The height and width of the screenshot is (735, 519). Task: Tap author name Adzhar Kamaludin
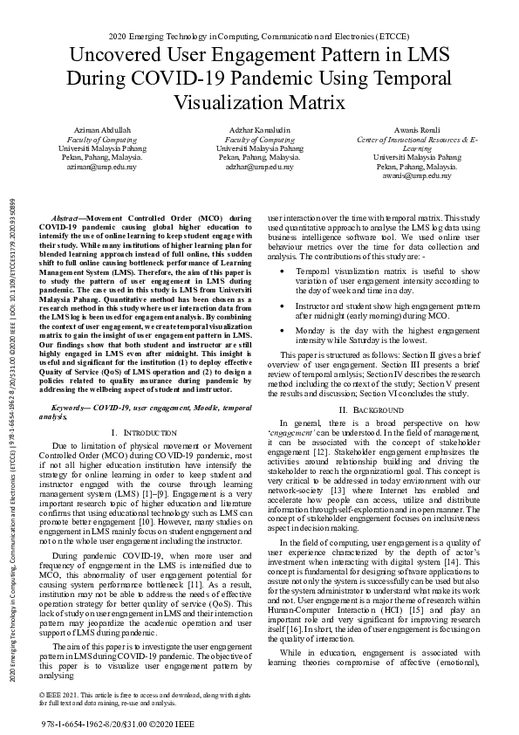(259, 130)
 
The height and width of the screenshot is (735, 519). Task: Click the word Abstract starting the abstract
(69, 216)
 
